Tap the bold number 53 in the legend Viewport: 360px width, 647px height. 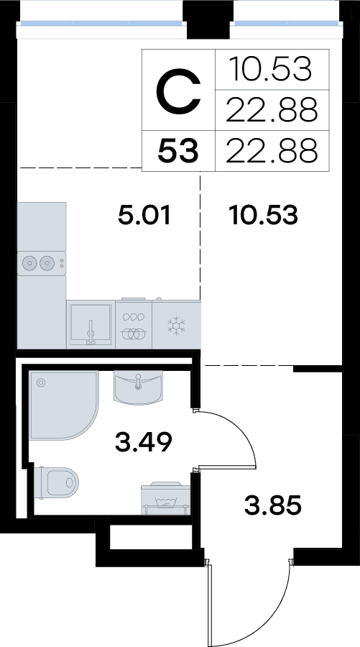(178, 151)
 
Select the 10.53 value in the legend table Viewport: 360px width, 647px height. (270, 69)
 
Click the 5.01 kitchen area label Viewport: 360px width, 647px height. (144, 216)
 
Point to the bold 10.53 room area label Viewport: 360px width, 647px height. (264, 216)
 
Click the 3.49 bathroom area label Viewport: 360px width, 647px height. (144, 442)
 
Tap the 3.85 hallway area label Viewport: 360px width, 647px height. (273, 505)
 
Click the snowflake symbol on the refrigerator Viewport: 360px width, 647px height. (176, 326)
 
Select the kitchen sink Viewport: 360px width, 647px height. (91, 325)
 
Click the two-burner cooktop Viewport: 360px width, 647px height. (41, 263)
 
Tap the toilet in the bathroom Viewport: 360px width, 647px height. (57, 482)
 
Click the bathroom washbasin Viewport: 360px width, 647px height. (138, 387)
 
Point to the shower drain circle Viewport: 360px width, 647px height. (41, 383)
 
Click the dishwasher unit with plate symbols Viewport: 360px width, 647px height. (134, 325)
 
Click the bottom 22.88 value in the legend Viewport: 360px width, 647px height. (272, 150)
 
